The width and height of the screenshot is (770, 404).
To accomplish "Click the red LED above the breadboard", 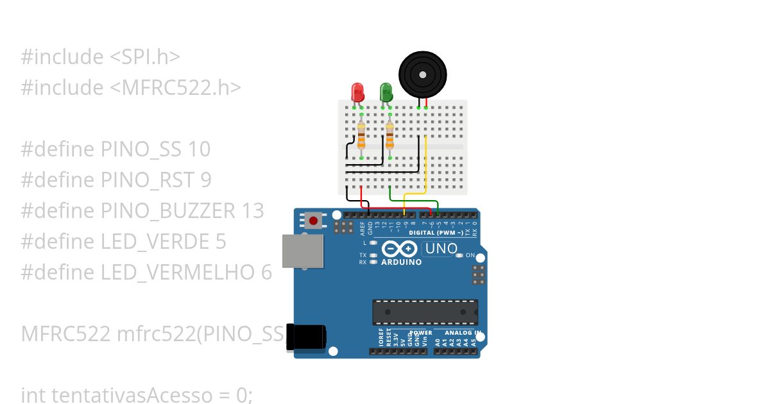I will coord(357,91).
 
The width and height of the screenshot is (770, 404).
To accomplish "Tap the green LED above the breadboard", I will coord(386,91).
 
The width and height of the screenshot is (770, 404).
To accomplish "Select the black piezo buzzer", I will coord(423,75).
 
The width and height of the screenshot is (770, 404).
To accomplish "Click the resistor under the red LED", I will coord(361,137).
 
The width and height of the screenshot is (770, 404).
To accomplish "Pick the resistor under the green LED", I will coord(389,137).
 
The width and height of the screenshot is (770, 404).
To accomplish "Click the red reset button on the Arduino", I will coord(313,221).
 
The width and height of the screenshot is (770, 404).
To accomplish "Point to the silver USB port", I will coord(302,250).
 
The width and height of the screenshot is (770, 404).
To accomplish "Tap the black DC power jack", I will coord(306,337).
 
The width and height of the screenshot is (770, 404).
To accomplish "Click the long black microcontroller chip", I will coord(425,312).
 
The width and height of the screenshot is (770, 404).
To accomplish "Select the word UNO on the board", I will coord(442,248).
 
